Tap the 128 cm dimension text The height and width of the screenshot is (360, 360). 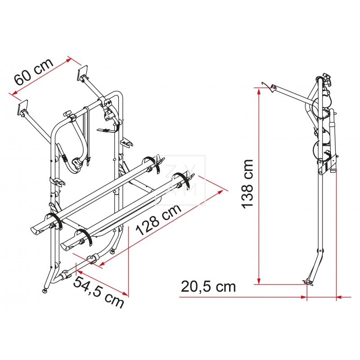coord(159,220)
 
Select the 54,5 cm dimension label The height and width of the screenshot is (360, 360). coord(99,292)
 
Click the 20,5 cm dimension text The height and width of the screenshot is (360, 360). coord(208,287)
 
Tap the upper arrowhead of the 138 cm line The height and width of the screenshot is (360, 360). coord(259,91)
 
